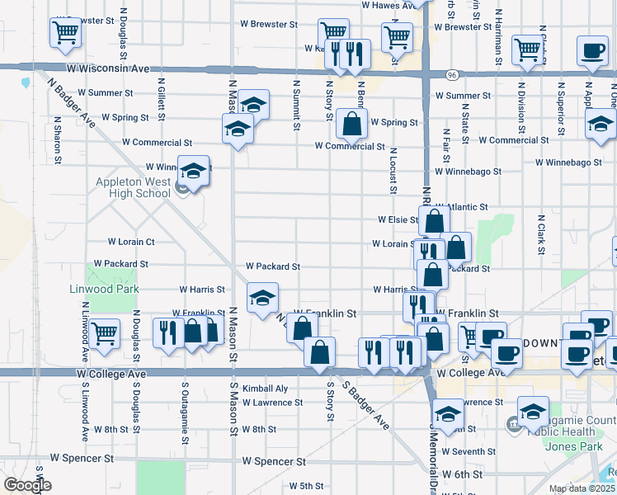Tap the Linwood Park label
pyautogui.click(x=115, y=290)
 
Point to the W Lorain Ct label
pyautogui.click(x=131, y=242)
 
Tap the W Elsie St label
pyautogui.click(x=398, y=220)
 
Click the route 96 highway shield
pyautogui.click(x=453, y=74)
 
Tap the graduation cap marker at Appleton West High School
pyautogui.click(x=194, y=172)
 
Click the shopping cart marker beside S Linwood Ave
pyautogui.click(x=105, y=332)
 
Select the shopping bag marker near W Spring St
pyautogui.click(x=351, y=125)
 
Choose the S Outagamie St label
pyautogui.click(x=182, y=412)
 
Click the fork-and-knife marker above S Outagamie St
pyautogui.click(x=168, y=332)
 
